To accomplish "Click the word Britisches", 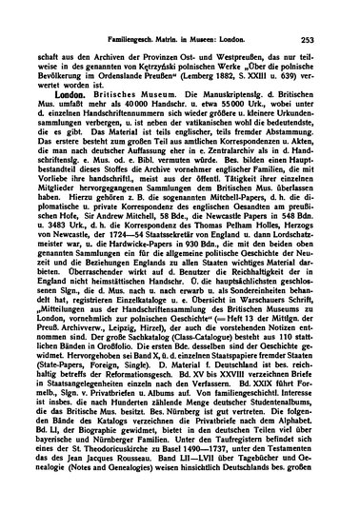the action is coord(115,95).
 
